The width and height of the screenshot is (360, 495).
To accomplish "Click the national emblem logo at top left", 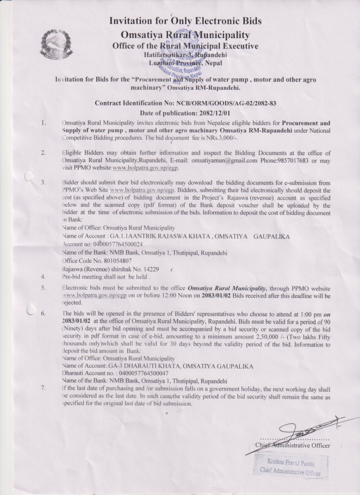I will pos(51,46).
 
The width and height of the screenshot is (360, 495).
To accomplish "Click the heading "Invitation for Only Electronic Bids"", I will pos(185,21).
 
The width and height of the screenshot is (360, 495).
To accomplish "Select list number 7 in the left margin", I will pos(43,389).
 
